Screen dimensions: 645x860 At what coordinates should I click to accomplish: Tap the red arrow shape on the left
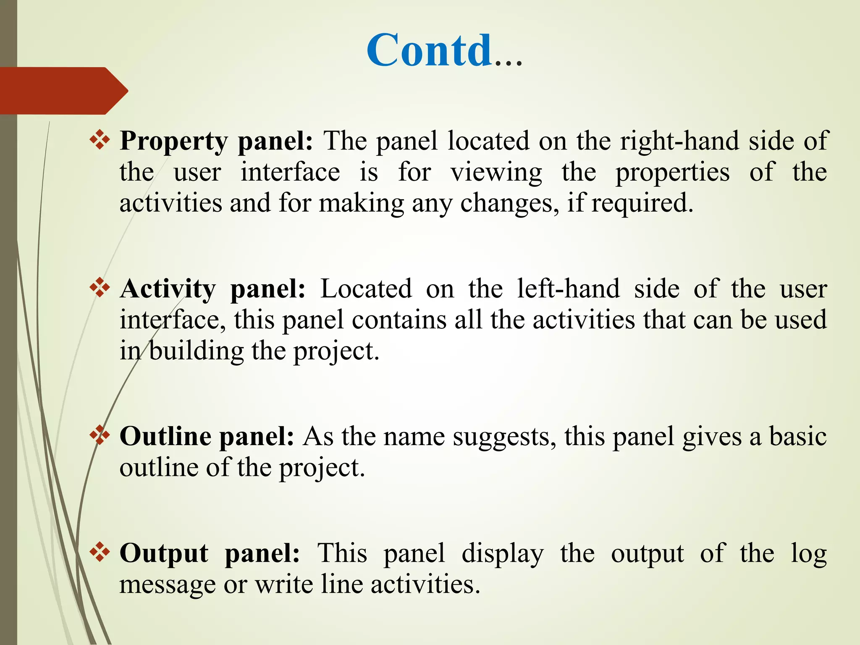click(x=63, y=91)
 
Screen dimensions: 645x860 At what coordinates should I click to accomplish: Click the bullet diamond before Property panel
click(x=100, y=140)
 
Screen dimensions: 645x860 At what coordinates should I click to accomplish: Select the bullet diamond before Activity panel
click(x=100, y=288)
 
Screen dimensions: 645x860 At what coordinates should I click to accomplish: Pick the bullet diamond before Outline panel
click(x=100, y=435)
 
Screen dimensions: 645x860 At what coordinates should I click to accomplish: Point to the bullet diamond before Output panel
click(x=100, y=552)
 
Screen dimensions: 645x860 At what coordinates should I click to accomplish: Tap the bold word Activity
click(x=168, y=290)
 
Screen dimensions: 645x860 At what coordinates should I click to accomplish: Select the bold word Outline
click(x=165, y=437)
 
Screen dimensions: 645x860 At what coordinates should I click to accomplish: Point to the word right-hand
click(x=679, y=141)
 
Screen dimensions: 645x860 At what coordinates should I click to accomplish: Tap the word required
click(x=642, y=204)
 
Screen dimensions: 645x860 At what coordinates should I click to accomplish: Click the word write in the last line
click(x=284, y=585)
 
